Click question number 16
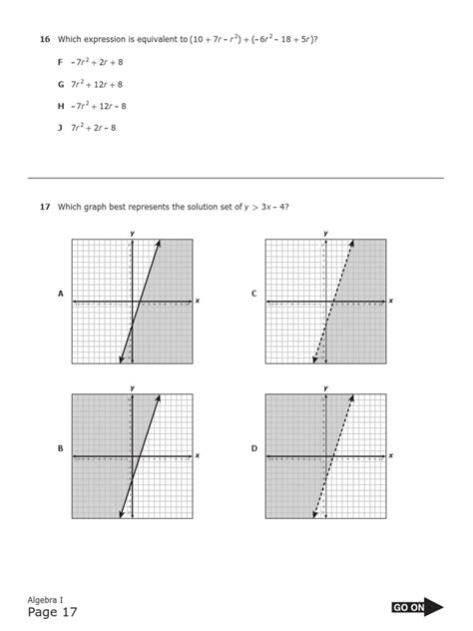[45, 39]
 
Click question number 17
[45, 207]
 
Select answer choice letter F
[61, 62]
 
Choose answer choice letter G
[61, 84]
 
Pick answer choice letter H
[61, 106]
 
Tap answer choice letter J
[61, 128]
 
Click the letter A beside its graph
[61, 294]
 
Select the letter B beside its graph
[61, 449]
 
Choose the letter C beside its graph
[254, 294]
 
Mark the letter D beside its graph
[254, 449]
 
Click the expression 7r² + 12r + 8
[97, 84]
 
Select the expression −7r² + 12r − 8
[99, 106]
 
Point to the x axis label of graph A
[198, 300]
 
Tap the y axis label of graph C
[325, 233]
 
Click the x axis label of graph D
[391, 455]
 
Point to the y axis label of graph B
[132, 388]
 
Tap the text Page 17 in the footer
[52, 612]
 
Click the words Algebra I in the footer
[45, 598]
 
